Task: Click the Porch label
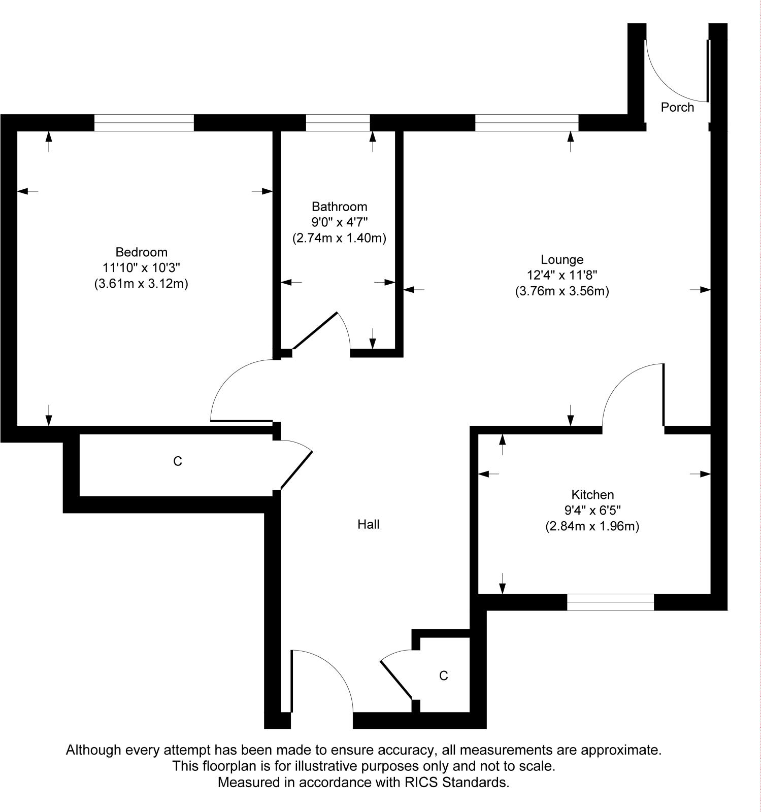coord(677,107)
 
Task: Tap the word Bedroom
coord(141,252)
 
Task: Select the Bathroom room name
coord(339,207)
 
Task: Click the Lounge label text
coord(562,260)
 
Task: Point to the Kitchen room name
coord(592,494)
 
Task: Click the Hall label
coord(369,524)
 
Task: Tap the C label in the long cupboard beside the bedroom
coord(177,461)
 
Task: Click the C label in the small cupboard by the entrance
coord(444,675)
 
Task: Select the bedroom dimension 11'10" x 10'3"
coord(141,267)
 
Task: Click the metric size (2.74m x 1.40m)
coord(339,238)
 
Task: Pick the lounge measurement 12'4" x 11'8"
coord(562,276)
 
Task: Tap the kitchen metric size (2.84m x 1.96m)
coord(592,526)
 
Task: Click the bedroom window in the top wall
coord(144,123)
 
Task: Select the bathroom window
coord(338,123)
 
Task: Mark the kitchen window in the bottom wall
coord(610,602)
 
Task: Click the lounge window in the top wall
coord(526,123)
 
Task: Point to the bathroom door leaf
coord(315,330)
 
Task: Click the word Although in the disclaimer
coord(93,750)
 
